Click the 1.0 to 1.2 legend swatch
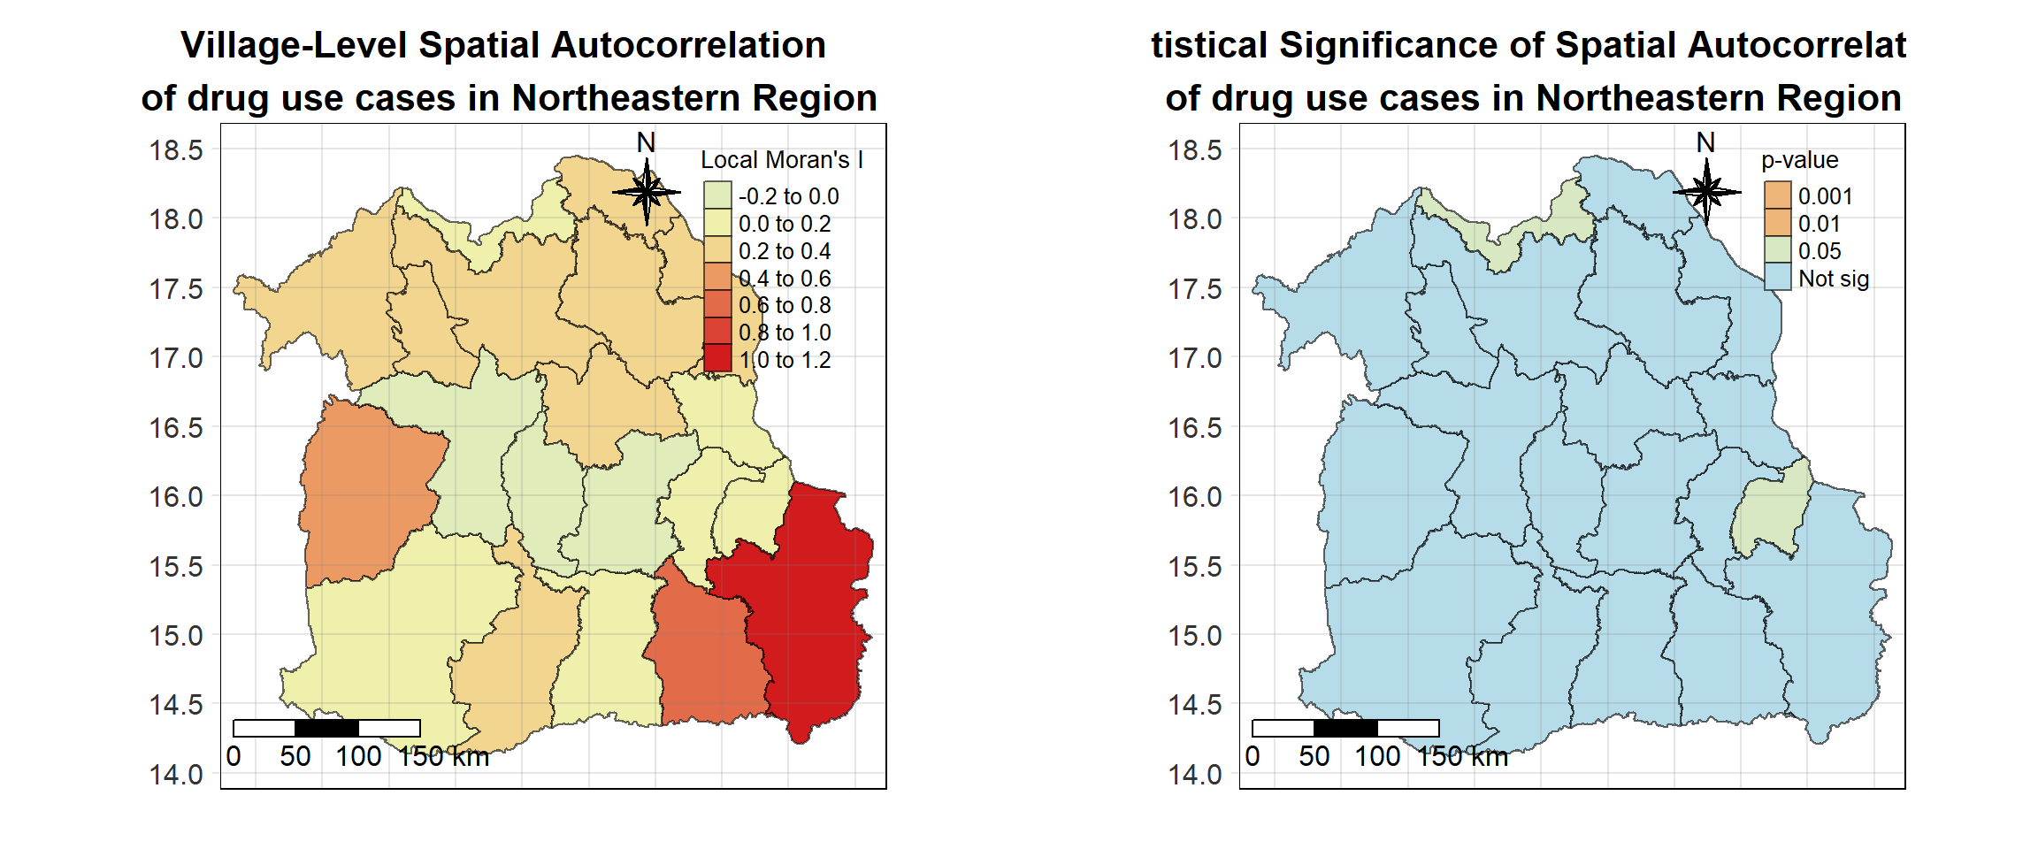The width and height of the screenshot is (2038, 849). coord(717,358)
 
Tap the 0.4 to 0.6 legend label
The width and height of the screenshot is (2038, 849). coord(785,279)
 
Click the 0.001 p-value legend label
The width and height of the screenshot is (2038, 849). coord(1825,196)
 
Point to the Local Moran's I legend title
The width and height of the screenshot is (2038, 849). coord(781,160)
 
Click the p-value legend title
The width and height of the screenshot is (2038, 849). coord(1799,160)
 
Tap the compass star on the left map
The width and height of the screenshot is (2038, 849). coord(647,192)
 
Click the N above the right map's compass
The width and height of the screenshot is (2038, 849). coord(1705,142)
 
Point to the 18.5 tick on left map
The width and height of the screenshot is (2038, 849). coord(176,150)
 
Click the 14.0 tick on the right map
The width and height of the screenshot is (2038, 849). coord(1195,775)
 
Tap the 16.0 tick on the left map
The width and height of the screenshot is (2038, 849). coord(176,497)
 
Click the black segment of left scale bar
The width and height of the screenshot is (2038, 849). coord(326,728)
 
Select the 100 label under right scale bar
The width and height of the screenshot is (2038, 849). coord(1377,757)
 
